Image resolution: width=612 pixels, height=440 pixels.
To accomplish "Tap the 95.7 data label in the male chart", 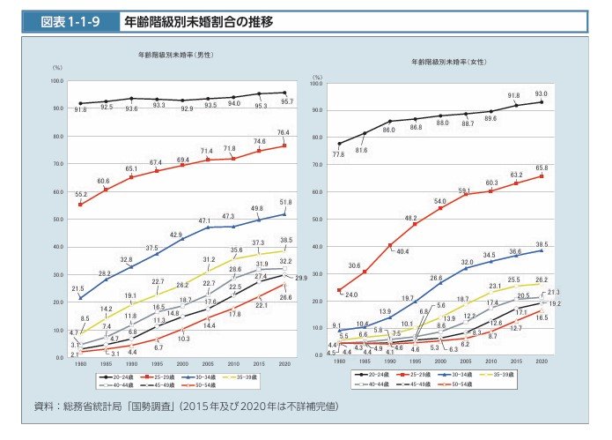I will pyautogui.click(x=286, y=101).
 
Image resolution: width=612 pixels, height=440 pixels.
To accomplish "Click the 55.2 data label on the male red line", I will pyautogui.click(x=80, y=193).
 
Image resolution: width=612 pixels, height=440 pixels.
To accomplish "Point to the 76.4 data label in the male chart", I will pyautogui.click(x=284, y=133).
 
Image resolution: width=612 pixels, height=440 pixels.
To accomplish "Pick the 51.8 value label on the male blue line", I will pyautogui.click(x=284, y=203).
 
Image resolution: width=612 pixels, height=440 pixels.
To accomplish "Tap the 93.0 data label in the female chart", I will pyautogui.click(x=541, y=93).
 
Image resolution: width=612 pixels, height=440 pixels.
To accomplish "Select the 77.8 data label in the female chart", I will pyautogui.click(x=338, y=154).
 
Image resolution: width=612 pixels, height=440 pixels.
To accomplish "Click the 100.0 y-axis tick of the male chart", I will pyautogui.click(x=56, y=80).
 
